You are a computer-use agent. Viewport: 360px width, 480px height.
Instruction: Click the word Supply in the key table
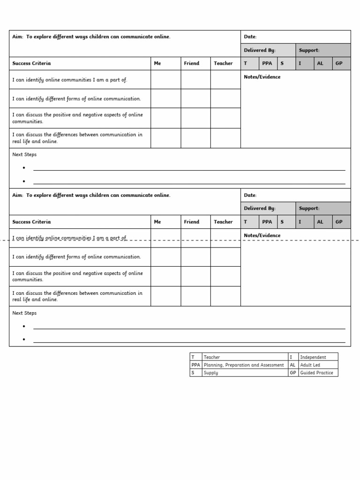(x=210, y=373)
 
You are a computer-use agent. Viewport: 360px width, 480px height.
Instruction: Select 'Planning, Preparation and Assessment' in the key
(x=243, y=365)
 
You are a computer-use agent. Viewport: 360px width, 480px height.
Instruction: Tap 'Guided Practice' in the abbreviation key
(x=316, y=373)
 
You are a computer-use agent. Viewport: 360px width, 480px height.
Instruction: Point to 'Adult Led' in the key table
(x=310, y=365)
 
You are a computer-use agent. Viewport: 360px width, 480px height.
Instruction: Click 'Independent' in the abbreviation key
(x=313, y=357)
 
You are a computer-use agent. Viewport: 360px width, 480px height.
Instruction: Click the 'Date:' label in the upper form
(x=250, y=37)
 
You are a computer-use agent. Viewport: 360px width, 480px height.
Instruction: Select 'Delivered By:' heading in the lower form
(x=259, y=209)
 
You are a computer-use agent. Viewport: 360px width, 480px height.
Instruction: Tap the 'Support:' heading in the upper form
(x=309, y=50)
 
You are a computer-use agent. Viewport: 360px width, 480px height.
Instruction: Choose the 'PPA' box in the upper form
(x=267, y=63)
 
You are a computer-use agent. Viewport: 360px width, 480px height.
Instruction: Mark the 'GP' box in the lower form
(x=339, y=222)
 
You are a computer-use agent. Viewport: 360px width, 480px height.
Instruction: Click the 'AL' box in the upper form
(x=320, y=63)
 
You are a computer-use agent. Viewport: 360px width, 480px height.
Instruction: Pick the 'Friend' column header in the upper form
(x=191, y=63)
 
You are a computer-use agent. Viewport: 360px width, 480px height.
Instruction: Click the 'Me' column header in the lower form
(x=157, y=222)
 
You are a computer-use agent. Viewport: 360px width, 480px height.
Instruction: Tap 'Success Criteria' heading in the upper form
(x=31, y=63)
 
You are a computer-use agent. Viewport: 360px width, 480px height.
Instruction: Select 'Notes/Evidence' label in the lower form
(x=262, y=235)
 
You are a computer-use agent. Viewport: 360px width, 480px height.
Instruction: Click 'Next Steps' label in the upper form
(x=24, y=155)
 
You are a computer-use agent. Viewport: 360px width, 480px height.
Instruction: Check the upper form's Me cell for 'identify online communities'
(x=165, y=80)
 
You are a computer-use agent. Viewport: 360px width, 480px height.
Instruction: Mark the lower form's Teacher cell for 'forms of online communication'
(x=225, y=257)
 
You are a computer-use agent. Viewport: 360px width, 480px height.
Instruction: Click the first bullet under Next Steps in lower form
(x=24, y=326)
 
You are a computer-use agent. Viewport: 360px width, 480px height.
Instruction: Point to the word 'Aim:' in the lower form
(x=17, y=195)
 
